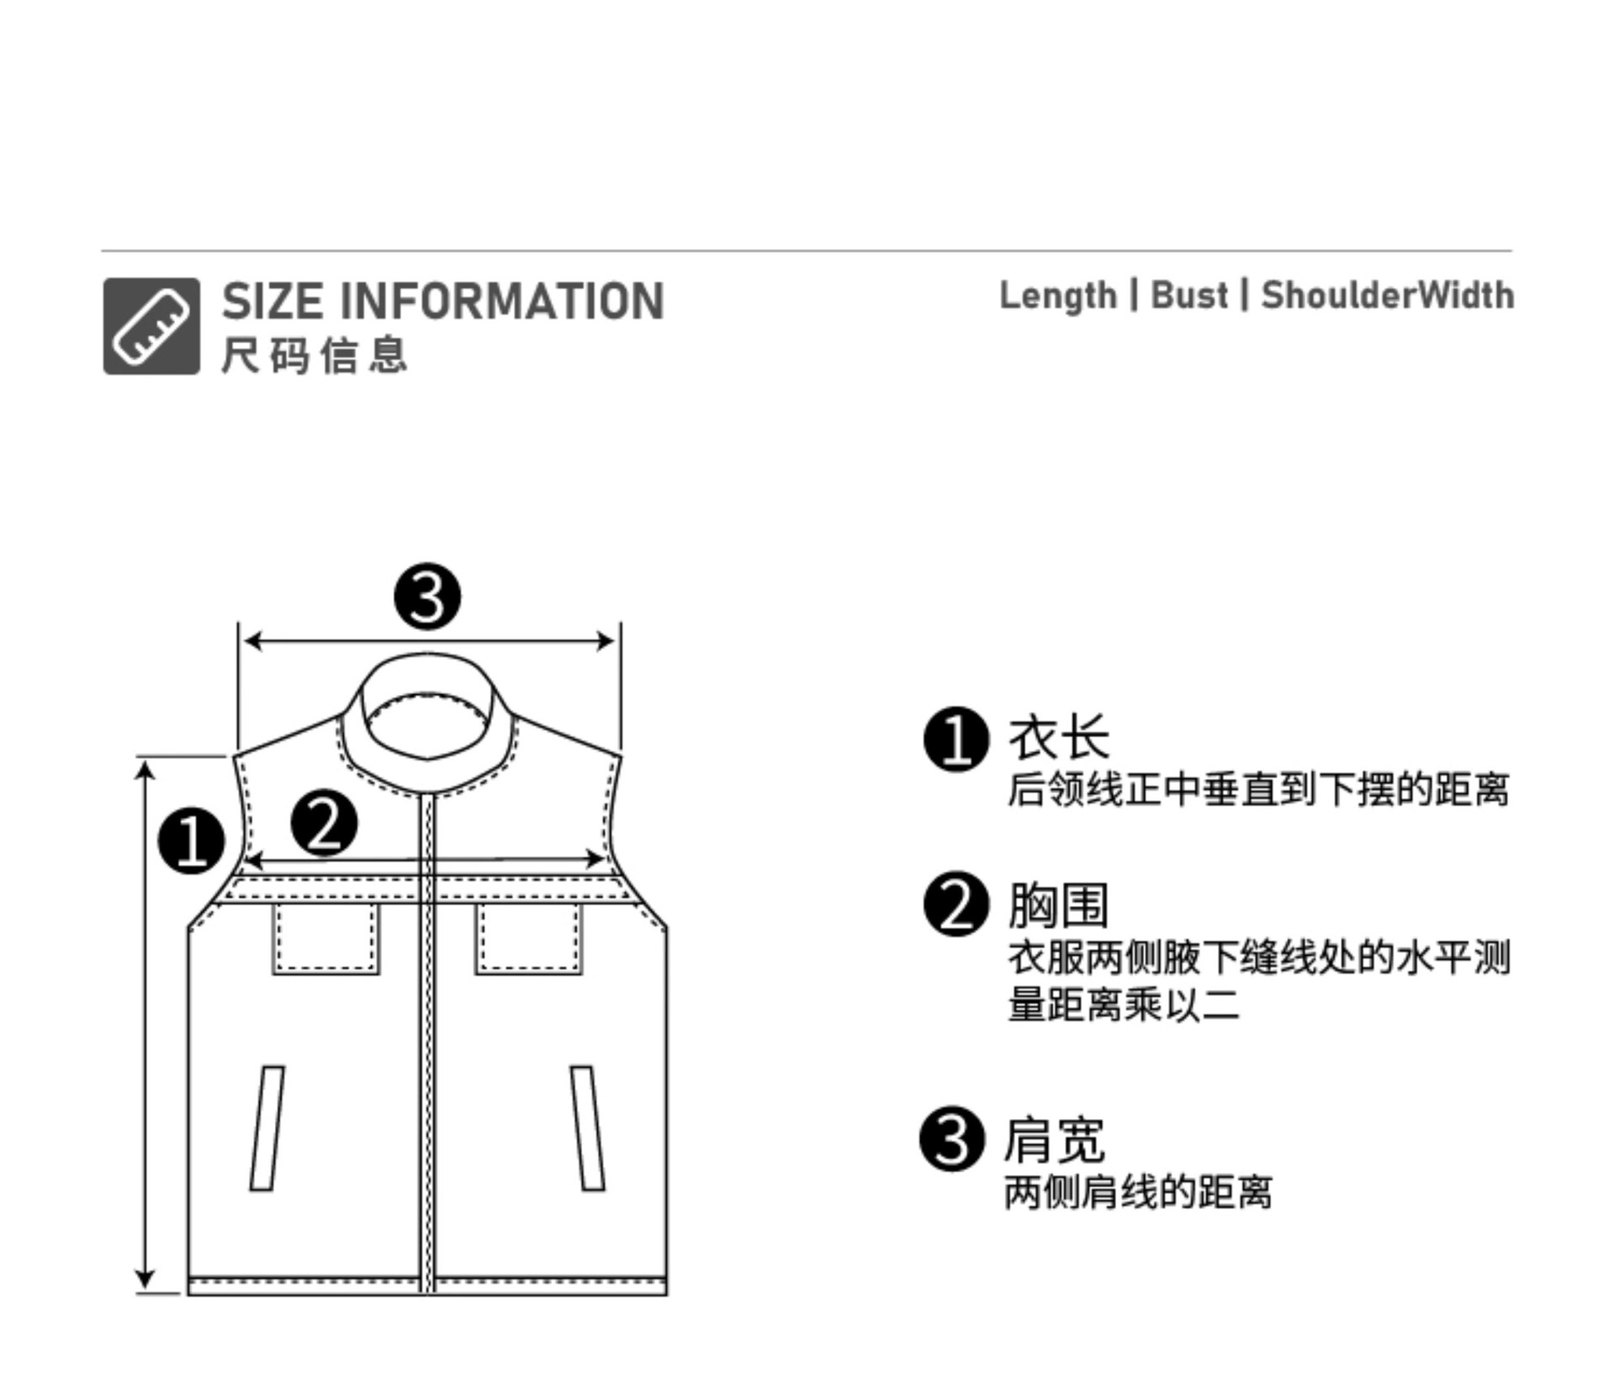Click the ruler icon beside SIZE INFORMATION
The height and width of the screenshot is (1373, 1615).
(151, 326)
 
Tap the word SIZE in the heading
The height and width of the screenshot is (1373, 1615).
(273, 301)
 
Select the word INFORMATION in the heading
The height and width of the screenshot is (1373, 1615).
(502, 301)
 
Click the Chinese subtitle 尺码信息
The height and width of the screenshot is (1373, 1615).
(315, 354)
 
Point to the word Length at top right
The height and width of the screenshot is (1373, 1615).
(1057, 296)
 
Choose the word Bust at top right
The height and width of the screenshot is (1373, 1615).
(1189, 295)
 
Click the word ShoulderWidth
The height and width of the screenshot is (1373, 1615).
(1387, 295)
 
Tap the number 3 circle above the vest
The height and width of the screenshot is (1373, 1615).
(427, 596)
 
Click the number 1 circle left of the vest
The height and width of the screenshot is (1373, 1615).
(192, 840)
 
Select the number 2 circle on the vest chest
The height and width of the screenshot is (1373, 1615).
(324, 823)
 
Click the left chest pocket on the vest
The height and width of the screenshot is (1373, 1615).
(326, 938)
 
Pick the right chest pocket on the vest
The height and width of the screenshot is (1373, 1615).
(528, 938)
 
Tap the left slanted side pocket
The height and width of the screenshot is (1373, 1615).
(267, 1127)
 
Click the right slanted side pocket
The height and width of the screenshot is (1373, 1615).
(587, 1127)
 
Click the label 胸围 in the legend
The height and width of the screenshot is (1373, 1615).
(1058, 905)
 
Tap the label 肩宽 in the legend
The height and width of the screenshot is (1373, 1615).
(1055, 1140)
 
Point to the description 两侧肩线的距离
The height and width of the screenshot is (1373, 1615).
(1138, 1192)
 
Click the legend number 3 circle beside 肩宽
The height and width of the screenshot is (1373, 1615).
(952, 1139)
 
